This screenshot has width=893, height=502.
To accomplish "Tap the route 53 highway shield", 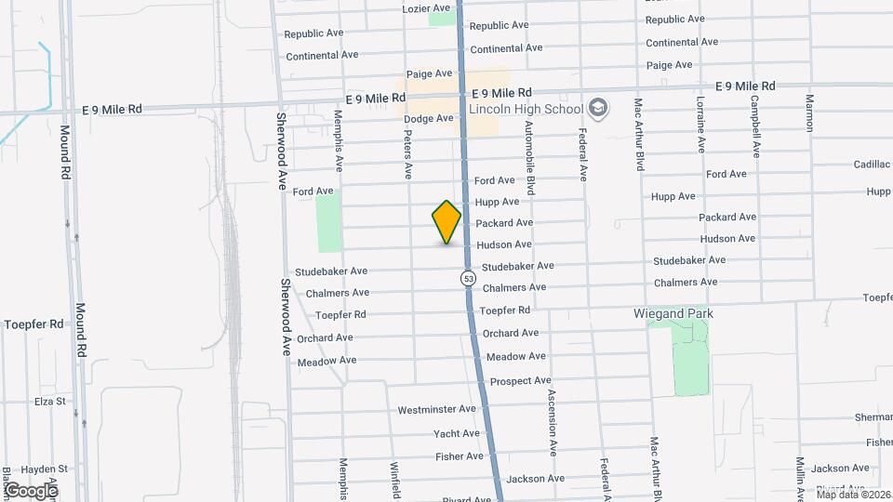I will (468, 278).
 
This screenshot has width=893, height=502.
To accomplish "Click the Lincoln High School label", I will (526, 109).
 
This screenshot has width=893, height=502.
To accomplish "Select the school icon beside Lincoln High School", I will (598, 109).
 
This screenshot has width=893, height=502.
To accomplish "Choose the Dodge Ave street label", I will (428, 118).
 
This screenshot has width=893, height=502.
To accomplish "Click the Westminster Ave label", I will (436, 409).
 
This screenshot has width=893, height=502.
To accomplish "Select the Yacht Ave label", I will (456, 433).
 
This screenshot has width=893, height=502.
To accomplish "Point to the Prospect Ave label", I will (521, 381).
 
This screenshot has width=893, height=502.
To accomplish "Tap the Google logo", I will (31, 490).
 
